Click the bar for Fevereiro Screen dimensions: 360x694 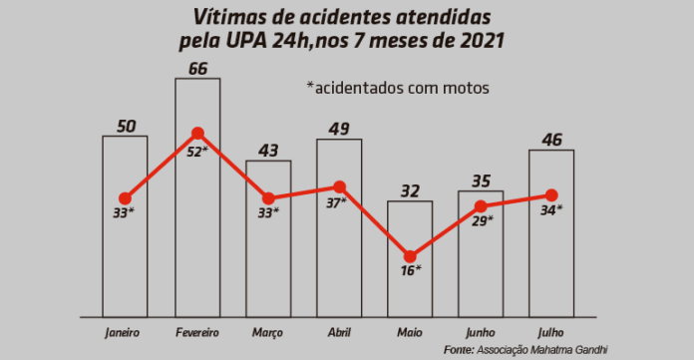pyautogui.click(x=197, y=229)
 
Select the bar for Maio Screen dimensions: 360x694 pyautogui.click(x=410, y=289)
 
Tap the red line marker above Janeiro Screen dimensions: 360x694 pyautogui.click(x=125, y=198)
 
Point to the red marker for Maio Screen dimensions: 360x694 pyautogui.click(x=410, y=255)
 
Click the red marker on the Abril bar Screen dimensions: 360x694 pyautogui.click(x=339, y=186)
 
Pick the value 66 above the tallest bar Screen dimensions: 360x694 pyautogui.click(x=197, y=68)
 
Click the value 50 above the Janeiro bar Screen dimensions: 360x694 pyautogui.click(x=125, y=126)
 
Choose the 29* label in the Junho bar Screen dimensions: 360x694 pyautogui.click(x=482, y=221)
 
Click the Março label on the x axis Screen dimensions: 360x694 pyautogui.click(x=267, y=331)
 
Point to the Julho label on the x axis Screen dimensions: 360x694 pyautogui.click(x=550, y=331)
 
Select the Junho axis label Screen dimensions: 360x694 pyautogui.click(x=481, y=331)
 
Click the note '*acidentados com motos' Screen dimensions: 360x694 pyautogui.click(x=398, y=88)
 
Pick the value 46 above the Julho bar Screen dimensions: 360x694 pyautogui.click(x=551, y=140)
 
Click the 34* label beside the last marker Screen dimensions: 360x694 pyautogui.click(x=551, y=210)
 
